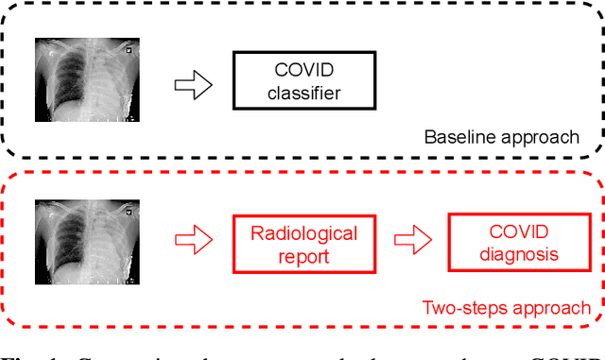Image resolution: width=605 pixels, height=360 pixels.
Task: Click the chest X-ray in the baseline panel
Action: click(x=87, y=81)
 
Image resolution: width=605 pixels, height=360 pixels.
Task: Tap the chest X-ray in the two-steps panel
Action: click(x=87, y=244)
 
